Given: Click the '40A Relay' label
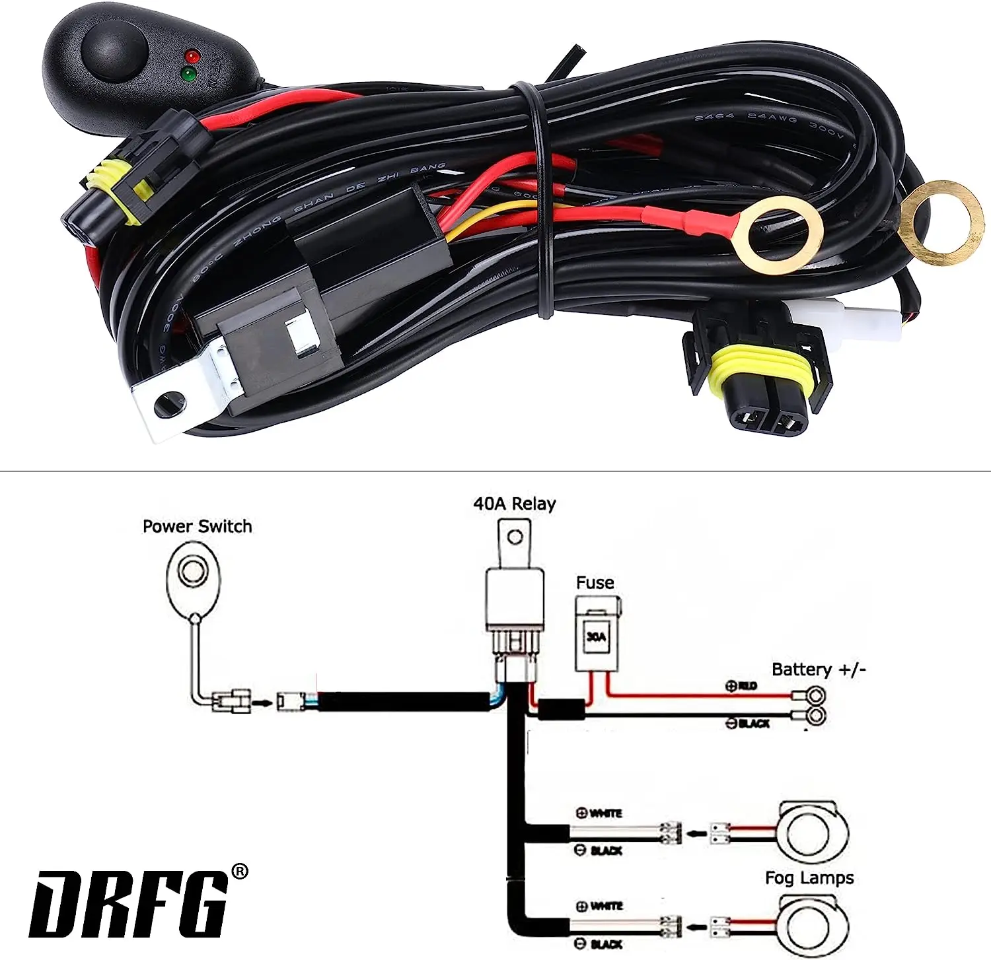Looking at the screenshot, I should coord(514,504).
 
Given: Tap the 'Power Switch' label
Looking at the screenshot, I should coord(197,526).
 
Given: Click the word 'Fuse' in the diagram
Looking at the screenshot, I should coord(595,582).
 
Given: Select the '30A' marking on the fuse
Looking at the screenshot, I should coord(596,637).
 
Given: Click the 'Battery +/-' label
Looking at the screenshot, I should coord(818,669).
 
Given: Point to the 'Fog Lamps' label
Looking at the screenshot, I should coord(809,877).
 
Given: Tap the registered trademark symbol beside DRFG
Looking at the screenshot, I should coord(240,872).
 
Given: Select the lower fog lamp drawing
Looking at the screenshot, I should coord(813,926).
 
